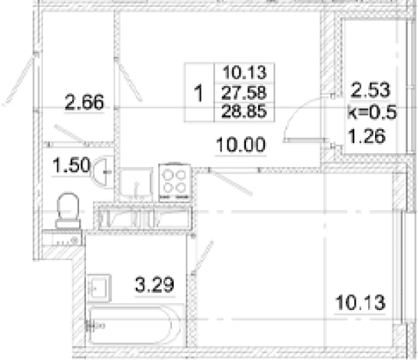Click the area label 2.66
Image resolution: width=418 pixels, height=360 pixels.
point(85,102)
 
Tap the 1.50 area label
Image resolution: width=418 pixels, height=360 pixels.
point(71,165)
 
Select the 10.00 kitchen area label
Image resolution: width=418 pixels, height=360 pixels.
point(241,145)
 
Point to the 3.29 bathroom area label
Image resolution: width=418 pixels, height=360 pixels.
point(154,285)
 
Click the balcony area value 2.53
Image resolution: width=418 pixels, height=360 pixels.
point(370,90)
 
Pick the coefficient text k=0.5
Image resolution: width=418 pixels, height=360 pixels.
point(372,112)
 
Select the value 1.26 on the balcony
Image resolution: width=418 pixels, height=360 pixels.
point(367,136)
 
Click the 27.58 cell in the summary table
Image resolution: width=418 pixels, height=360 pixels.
point(244,92)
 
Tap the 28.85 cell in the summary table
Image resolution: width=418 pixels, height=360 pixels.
point(244,112)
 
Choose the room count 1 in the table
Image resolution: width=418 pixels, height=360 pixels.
point(198,93)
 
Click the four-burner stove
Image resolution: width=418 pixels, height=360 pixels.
point(174,182)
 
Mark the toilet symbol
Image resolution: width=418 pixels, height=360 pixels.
point(68,211)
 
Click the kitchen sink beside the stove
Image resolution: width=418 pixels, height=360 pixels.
point(136,185)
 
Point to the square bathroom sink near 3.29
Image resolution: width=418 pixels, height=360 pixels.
point(98,288)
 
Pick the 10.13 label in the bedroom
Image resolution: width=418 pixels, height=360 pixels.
point(360,302)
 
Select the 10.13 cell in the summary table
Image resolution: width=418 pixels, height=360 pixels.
point(244,72)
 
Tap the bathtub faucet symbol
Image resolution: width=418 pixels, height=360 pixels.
point(94,325)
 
